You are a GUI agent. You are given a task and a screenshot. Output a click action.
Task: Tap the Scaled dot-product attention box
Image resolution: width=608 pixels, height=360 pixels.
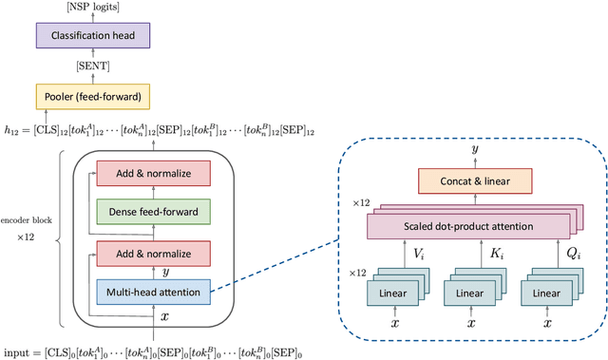[x=465, y=228]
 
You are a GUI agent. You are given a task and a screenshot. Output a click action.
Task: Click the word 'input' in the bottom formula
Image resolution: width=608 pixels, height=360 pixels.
[x=17, y=352]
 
